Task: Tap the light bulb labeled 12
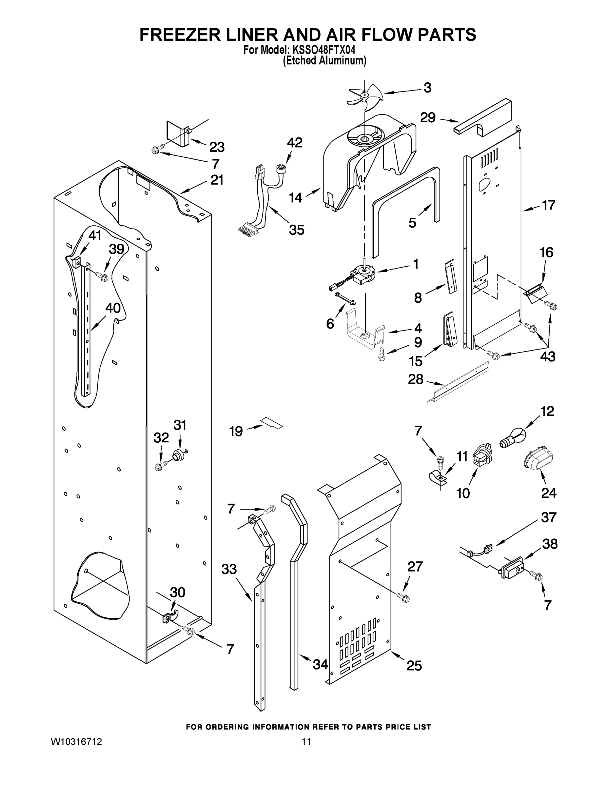pos(514,437)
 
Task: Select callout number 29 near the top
pos(428,117)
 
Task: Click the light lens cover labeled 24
pos(538,460)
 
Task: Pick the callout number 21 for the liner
pos(217,180)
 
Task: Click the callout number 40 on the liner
pos(113,308)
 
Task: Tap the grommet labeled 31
pos(178,455)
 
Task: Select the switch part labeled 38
pos(513,569)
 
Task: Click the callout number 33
pos(229,569)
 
